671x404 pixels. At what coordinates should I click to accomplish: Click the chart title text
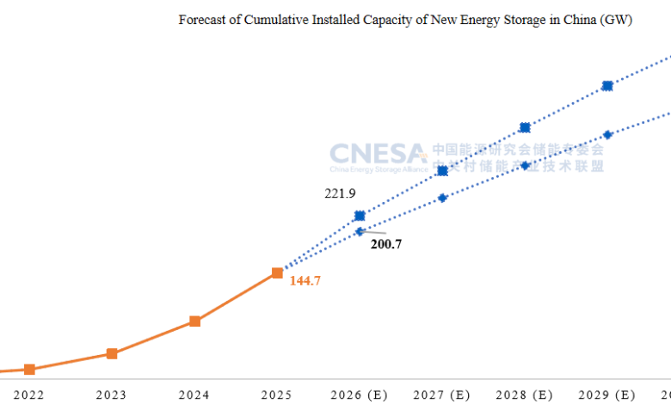click(x=405, y=20)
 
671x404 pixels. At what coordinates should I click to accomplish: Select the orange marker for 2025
click(x=277, y=272)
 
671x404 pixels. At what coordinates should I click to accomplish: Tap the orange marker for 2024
click(x=194, y=321)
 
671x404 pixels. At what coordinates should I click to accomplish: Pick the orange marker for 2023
click(x=112, y=353)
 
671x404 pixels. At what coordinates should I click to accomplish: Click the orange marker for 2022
click(x=29, y=370)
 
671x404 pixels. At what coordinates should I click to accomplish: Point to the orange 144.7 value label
click(x=305, y=280)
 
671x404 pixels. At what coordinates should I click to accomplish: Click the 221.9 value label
click(x=340, y=193)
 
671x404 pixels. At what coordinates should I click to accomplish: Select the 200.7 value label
click(x=386, y=244)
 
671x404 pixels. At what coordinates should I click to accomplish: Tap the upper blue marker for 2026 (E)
click(x=360, y=215)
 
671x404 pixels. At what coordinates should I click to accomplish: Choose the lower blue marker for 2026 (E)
click(x=360, y=231)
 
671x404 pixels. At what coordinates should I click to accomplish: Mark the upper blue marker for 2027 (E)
click(x=442, y=171)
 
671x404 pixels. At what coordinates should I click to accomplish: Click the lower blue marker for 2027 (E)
click(x=442, y=198)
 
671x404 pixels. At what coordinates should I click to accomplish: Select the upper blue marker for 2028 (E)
click(x=525, y=128)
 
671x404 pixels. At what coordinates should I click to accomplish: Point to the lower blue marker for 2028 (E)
click(x=525, y=165)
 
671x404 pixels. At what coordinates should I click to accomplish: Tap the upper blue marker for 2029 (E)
click(x=607, y=85)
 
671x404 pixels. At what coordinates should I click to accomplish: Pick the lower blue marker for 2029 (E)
click(x=607, y=134)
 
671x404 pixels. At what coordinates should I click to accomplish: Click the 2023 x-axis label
click(x=112, y=395)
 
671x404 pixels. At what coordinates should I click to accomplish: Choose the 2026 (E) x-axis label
click(x=360, y=395)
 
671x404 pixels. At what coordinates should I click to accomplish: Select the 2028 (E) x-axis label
click(x=525, y=395)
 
